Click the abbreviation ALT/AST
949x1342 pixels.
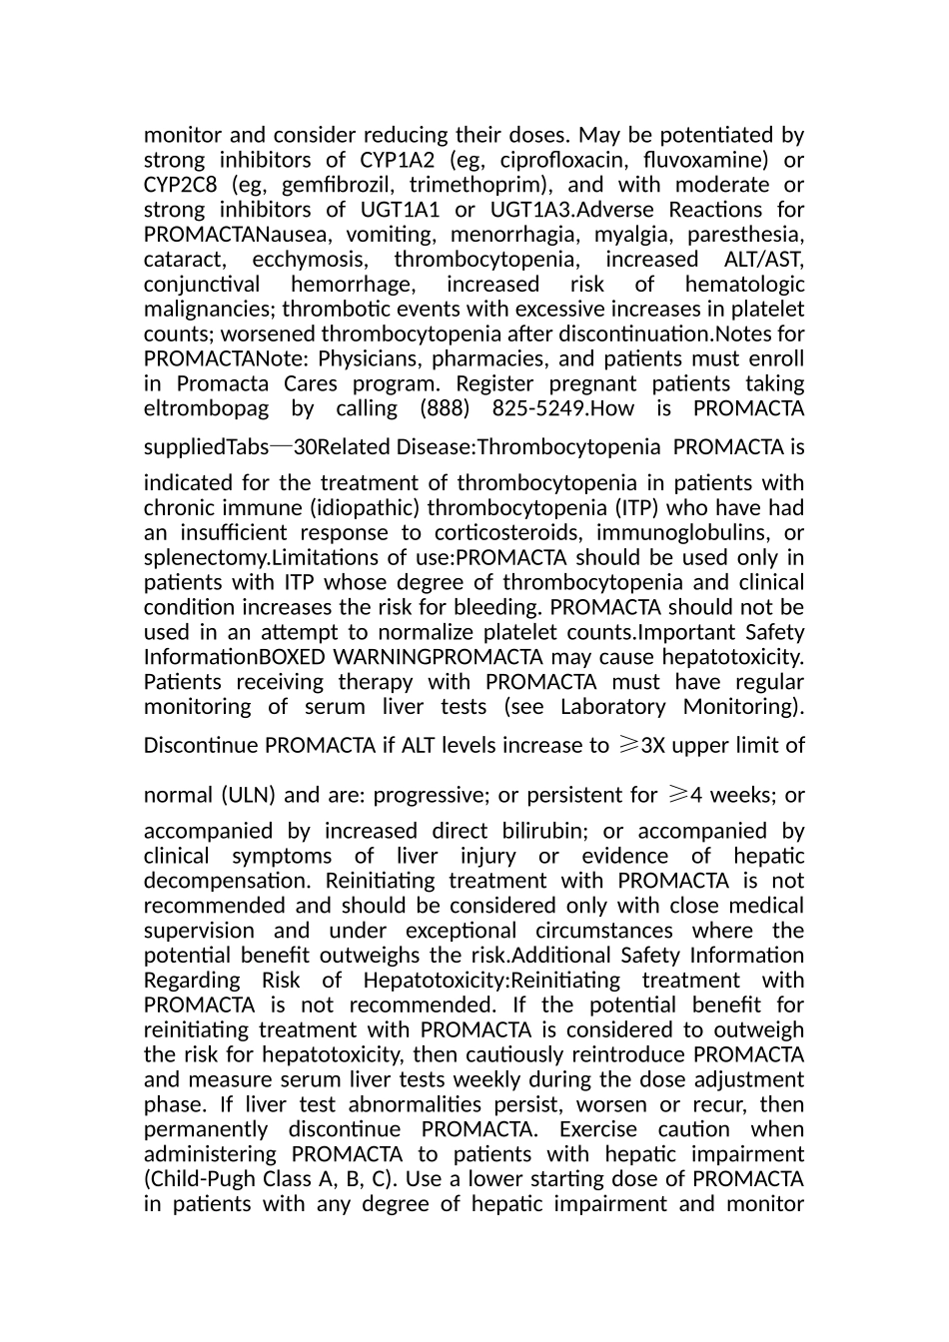(x=763, y=260)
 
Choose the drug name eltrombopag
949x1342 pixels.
(x=206, y=408)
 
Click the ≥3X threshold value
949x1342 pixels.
(x=641, y=745)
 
